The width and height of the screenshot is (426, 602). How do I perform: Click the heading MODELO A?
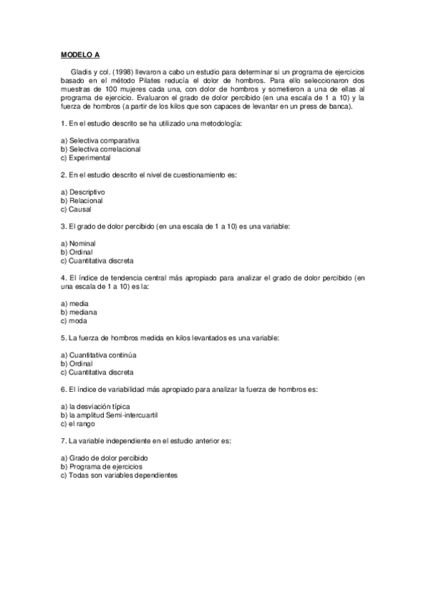coord(81,54)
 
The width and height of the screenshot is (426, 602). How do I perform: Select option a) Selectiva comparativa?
coord(100,141)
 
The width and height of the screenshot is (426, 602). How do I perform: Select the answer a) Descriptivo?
coord(83,192)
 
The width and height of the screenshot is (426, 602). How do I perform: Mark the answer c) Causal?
coord(76,209)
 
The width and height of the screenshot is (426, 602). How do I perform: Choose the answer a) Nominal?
coord(78,243)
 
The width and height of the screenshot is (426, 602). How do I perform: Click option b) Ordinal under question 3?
coord(77,252)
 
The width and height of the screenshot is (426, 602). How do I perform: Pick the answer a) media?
coord(75,303)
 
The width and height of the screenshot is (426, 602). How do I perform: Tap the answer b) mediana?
coord(79,312)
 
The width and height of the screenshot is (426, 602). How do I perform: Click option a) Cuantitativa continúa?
coord(98,354)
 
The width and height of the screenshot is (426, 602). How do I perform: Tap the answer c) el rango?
coord(80,423)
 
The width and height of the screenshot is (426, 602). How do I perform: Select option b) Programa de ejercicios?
coord(102,466)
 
